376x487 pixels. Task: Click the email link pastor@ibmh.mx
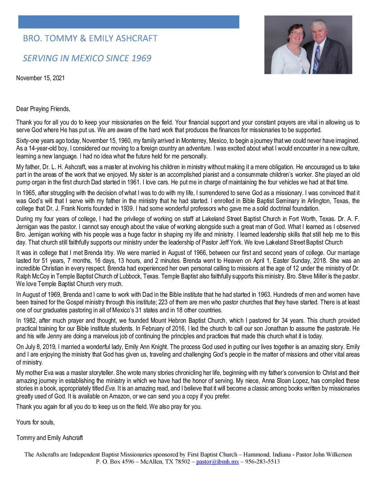(x=217, y=462)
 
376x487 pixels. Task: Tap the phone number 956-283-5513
(x=262, y=462)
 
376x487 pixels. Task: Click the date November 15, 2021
(x=40, y=78)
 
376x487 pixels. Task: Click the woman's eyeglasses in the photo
(x=297, y=34)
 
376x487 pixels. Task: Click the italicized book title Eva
(x=110, y=388)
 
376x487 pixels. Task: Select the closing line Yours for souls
(x=35, y=422)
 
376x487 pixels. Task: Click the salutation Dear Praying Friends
(x=43, y=109)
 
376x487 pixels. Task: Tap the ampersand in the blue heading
(x=83, y=38)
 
